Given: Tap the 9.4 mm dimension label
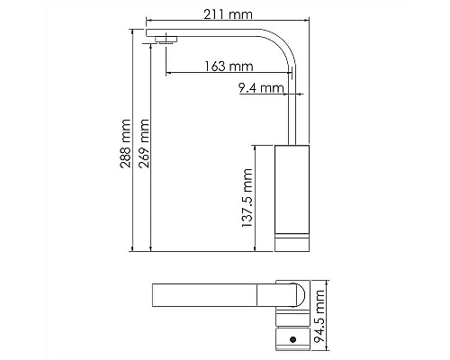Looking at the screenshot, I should pyautogui.click(x=261, y=87).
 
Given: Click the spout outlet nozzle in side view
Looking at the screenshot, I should pyautogui.click(x=164, y=38).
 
